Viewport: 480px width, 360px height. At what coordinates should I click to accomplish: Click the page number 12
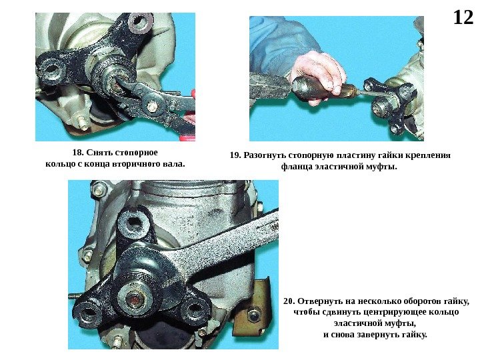pos(463,17)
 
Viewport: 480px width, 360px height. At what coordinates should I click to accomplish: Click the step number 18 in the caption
pos(77,153)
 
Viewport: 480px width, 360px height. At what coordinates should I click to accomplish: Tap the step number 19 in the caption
pos(235,155)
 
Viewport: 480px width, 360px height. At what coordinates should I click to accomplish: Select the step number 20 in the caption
pos(289,301)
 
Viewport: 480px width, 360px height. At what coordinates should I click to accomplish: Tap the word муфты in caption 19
pos(384,167)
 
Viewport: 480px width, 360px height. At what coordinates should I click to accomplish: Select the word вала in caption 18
pos(176,164)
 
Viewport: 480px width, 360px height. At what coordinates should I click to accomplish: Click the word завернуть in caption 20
pos(380,335)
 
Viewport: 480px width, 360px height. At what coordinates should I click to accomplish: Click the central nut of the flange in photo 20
pos(135,298)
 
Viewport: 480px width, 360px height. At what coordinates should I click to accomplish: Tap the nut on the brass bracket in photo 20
pos(254,316)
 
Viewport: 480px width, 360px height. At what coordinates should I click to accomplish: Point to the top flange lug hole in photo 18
pos(140,22)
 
